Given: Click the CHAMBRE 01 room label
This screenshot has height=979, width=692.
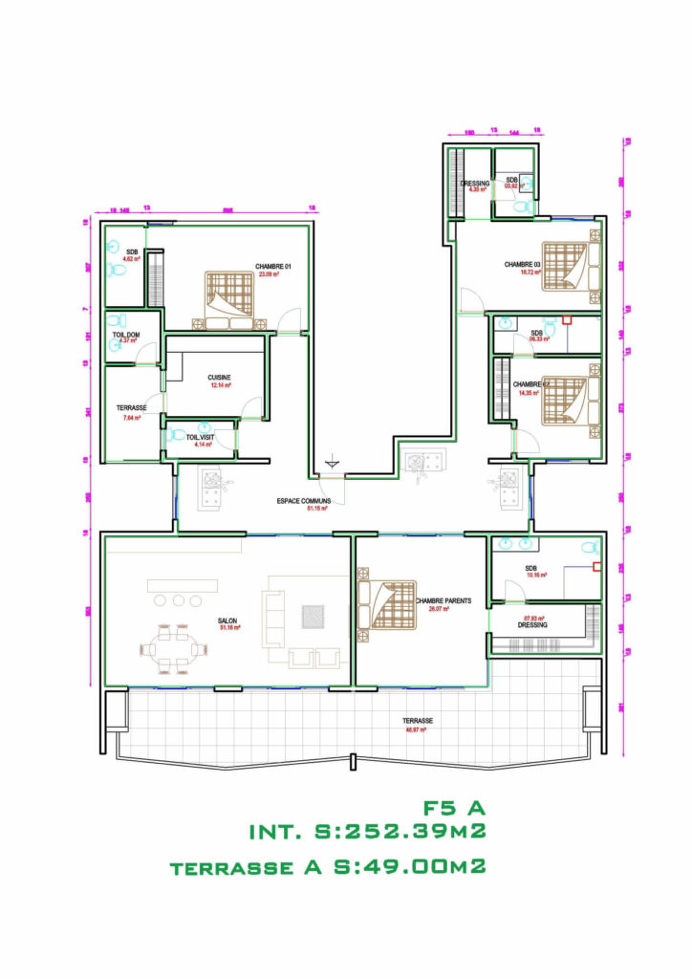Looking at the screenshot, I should [272, 266].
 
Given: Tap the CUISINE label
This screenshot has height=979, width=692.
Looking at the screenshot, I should [220, 378].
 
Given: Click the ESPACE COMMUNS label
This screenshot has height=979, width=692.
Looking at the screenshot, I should [304, 501].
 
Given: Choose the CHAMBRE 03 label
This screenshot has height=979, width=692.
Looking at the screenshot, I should [523, 264].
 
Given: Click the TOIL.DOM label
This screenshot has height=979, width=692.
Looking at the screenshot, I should [126, 334].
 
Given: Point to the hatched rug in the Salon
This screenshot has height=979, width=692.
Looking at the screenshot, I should [314, 617].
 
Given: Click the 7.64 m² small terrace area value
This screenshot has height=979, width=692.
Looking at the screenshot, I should [132, 418].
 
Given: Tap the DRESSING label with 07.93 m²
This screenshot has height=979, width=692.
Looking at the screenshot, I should [532, 624].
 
